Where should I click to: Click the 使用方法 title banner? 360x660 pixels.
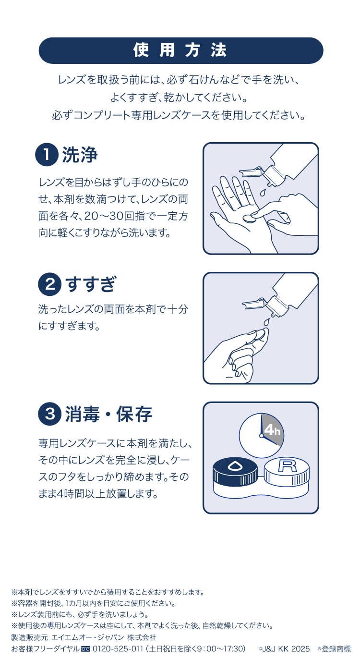180,50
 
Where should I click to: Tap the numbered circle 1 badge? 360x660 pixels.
47,155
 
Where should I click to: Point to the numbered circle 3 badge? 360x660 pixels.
49,414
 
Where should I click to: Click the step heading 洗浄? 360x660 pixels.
80,155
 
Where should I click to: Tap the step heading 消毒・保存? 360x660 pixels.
108,414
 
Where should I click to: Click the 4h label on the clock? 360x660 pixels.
272,429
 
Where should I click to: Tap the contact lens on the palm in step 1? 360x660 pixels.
249,217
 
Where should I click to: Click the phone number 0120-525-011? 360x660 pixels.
117,648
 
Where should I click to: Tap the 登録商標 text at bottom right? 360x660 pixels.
336,648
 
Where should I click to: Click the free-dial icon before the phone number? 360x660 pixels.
85,649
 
